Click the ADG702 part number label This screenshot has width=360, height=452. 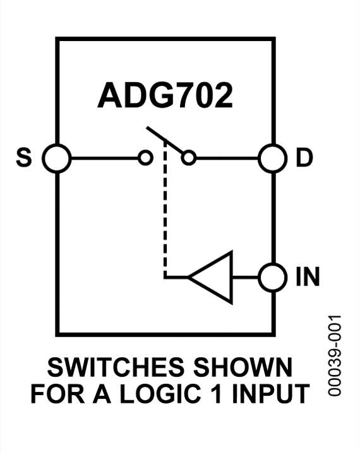click(x=165, y=96)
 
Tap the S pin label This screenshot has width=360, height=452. click(x=23, y=158)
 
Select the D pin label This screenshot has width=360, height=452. click(x=304, y=158)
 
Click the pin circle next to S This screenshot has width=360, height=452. click(x=57, y=158)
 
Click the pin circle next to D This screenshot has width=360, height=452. click(x=273, y=158)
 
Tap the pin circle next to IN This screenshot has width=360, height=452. click(x=273, y=277)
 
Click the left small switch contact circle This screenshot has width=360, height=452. click(x=146, y=158)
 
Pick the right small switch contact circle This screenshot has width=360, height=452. click(x=188, y=158)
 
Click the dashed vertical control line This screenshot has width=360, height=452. click(x=165, y=215)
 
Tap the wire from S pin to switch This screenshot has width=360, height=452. click(x=105, y=158)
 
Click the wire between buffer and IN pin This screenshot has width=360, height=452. click(x=246, y=277)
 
